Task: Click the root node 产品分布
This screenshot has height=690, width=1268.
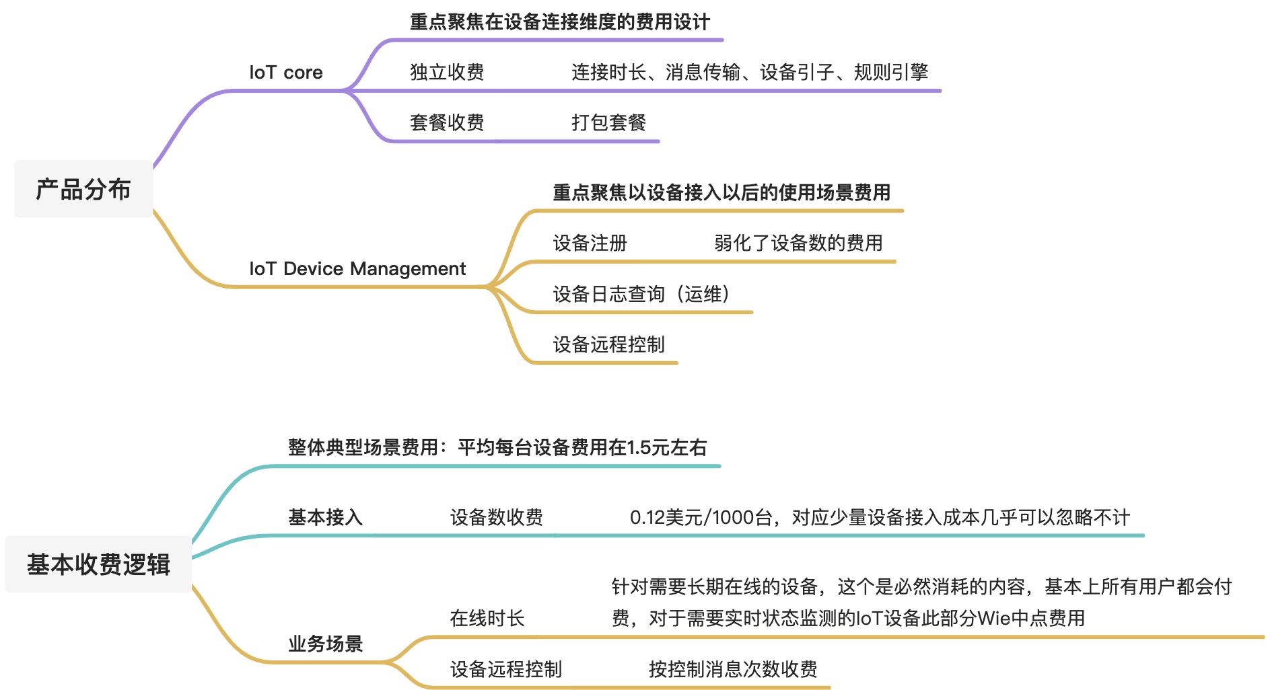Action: coord(83,190)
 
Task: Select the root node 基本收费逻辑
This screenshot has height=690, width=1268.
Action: coord(98,564)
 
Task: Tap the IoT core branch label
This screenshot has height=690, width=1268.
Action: coord(286,73)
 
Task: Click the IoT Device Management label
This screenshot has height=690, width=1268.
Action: coord(357,269)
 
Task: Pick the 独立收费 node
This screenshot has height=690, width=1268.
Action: coord(447,73)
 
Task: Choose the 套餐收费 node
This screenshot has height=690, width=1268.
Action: coord(447,123)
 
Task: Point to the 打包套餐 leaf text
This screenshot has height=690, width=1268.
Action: coord(608,123)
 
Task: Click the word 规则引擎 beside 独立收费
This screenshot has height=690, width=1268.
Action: coord(891,73)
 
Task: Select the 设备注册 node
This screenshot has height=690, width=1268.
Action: coord(590,243)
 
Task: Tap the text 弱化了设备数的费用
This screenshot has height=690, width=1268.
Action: coord(798,243)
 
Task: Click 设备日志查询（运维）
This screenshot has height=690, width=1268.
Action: coord(641,295)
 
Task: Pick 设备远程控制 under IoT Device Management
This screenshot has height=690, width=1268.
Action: coord(608,345)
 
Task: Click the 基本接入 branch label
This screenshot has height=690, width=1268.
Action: coord(326,518)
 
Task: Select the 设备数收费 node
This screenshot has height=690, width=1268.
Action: coord(497,518)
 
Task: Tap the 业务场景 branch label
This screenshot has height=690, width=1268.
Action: coord(326,644)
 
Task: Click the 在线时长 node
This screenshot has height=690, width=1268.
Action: coord(487,619)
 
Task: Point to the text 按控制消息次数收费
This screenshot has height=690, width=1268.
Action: coord(733,670)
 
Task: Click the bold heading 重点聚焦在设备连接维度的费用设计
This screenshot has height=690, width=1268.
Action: coord(560,22)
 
